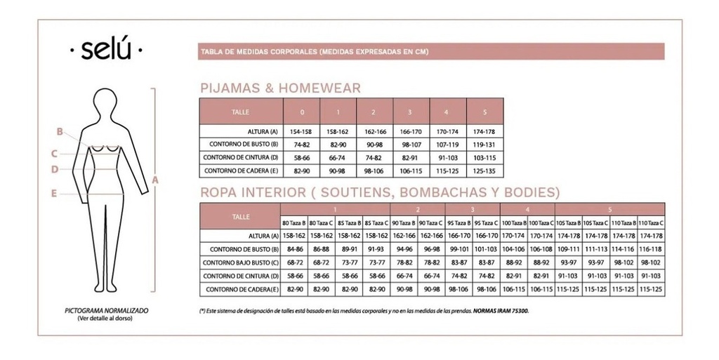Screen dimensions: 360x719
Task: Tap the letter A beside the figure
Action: [156, 180]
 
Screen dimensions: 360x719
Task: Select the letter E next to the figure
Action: [54, 193]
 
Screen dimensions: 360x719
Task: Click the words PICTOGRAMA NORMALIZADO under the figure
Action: [106, 309]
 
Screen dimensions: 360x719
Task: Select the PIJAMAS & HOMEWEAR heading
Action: [281, 88]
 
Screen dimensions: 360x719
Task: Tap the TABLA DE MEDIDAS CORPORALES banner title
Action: [315, 52]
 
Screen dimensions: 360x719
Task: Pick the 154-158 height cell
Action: [301, 132]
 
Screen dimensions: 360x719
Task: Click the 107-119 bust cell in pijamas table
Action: [448, 145]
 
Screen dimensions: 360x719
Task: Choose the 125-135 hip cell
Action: [485, 171]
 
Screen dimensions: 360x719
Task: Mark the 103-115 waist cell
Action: [485, 158]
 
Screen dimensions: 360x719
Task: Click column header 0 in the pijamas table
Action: [301, 112]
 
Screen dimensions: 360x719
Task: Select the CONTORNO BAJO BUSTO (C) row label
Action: [240, 263]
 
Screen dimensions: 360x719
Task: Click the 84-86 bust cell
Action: [294, 249]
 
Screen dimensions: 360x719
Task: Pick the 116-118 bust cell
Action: [651, 249]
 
